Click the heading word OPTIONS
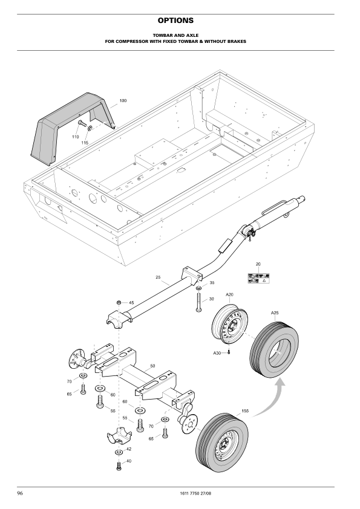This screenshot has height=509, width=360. pyautogui.click(x=180, y=21)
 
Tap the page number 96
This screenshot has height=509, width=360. pyautogui.click(x=21, y=494)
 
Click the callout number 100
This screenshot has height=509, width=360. pyautogui.click(x=123, y=100)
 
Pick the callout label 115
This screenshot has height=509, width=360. pyautogui.click(x=85, y=143)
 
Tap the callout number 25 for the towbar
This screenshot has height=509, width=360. pyautogui.click(x=158, y=277)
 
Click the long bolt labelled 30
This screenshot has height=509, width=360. pyautogui.click(x=198, y=300)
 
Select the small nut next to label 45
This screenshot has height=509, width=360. pyautogui.click(x=119, y=302)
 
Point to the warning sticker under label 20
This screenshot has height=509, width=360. pyautogui.click(x=258, y=278)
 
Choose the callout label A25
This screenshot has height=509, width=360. pyautogui.click(x=275, y=313)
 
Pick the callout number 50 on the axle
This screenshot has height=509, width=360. pyautogui.click(x=152, y=366)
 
